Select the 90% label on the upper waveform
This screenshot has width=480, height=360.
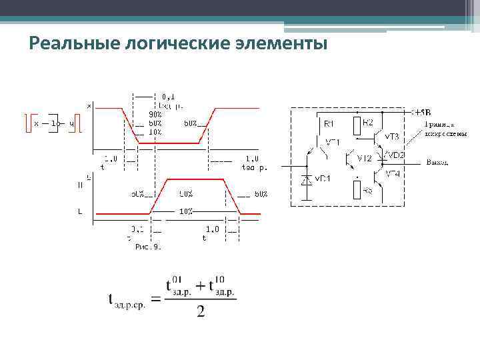tap(155, 113)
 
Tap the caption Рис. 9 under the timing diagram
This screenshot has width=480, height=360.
tap(148, 247)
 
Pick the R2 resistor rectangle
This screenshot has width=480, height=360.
tap(357, 123)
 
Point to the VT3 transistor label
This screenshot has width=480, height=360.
tap(391, 137)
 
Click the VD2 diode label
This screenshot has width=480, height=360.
tap(397, 155)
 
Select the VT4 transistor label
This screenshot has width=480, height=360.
tap(392, 174)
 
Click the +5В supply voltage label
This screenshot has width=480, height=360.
tap(421, 112)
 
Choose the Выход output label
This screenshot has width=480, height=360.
tap(437, 162)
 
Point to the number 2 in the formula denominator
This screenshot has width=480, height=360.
tap(201, 312)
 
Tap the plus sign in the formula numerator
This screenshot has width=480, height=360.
tap(200, 285)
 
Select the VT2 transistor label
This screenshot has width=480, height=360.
tap(364, 159)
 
